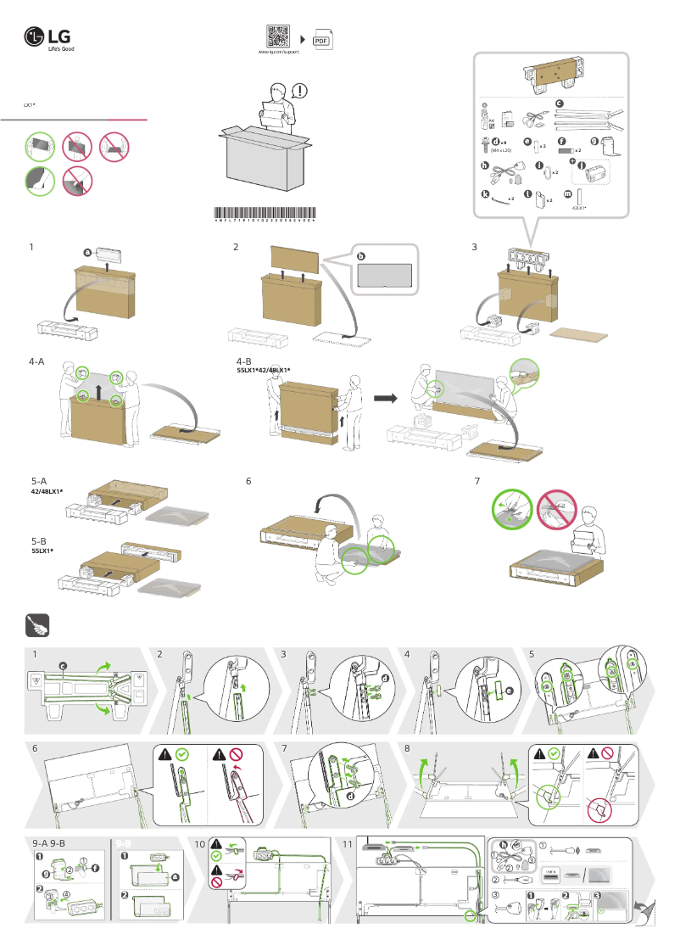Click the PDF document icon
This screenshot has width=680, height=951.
point(321,39)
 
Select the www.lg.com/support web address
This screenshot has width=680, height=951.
point(278,53)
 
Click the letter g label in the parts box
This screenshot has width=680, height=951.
point(594,141)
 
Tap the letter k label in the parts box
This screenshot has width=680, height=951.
point(485,193)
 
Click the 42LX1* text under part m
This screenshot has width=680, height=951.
point(580,207)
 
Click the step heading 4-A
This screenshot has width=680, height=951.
point(36,361)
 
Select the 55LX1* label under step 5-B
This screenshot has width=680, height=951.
point(42,551)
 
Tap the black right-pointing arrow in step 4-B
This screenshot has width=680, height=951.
point(386,396)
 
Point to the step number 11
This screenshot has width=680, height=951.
point(347,844)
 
